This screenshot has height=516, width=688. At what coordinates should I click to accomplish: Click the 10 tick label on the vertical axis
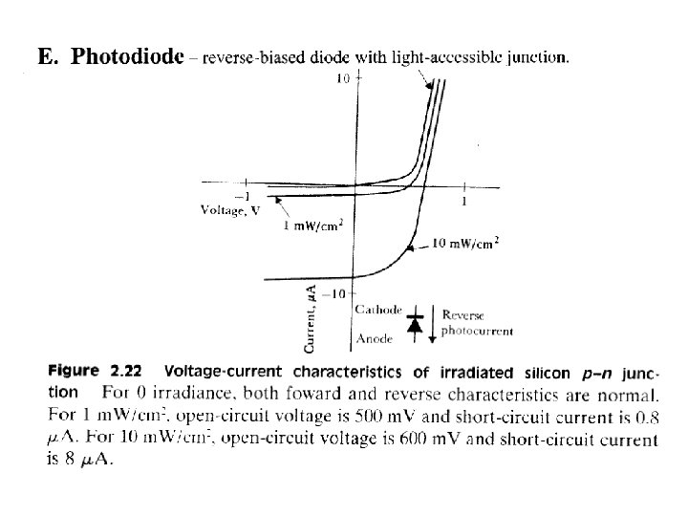[341, 79]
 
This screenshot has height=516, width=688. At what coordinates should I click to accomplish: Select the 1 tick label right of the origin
[464, 201]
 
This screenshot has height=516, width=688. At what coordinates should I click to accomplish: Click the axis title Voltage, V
[229, 211]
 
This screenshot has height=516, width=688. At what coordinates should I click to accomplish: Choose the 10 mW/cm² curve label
[467, 244]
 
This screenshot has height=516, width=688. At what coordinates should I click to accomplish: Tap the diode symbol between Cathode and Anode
[415, 325]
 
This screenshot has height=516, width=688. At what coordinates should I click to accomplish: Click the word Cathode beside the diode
[376, 310]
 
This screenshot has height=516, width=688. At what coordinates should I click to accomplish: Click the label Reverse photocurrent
[476, 324]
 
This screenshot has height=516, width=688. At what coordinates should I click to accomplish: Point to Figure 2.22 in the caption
[100, 373]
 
